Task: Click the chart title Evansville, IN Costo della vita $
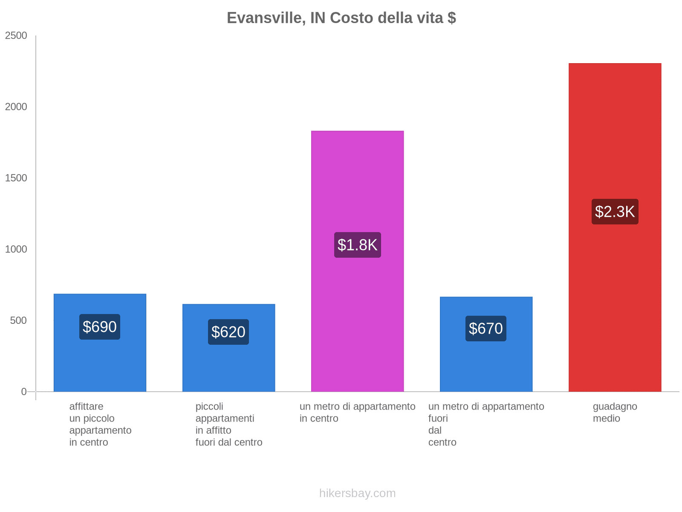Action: [x=341, y=18]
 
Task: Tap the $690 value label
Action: [x=100, y=327]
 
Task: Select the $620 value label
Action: [x=228, y=332]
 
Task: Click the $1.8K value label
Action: [x=357, y=245]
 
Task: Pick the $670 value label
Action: [x=486, y=329]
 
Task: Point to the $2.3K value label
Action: [x=615, y=212]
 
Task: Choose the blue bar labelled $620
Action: [x=228, y=367]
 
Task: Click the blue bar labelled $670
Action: [x=486, y=367]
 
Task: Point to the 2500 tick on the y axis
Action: [x=16, y=36]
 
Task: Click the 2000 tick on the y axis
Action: [x=16, y=107]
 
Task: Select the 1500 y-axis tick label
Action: [x=16, y=178]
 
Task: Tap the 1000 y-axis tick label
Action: [x=16, y=250]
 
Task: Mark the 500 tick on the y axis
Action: [x=19, y=321]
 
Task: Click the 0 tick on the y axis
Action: [x=24, y=392]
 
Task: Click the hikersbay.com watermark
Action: [x=357, y=493]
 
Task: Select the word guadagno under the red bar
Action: [x=615, y=407]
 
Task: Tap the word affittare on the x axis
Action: [x=86, y=407]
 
